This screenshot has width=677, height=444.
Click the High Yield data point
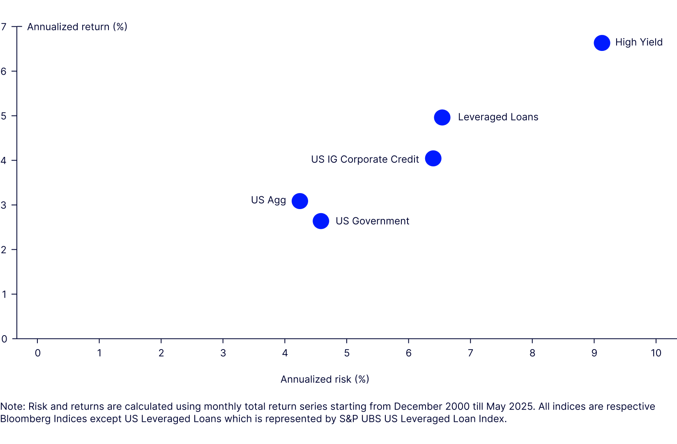pos(602,43)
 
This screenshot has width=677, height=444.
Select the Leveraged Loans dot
pos(442,117)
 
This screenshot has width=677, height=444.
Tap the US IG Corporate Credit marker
pos(433,158)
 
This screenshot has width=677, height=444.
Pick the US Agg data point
pos(299,201)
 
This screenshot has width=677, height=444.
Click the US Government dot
pos(321,221)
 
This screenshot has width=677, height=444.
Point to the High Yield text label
pos(639,42)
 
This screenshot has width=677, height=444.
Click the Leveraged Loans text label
pos(498,117)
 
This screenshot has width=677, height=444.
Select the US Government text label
pos(372,221)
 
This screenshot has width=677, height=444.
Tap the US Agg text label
pos(268,200)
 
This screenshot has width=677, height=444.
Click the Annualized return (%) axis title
pos(77,27)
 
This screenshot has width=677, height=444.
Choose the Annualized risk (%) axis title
pos(325,379)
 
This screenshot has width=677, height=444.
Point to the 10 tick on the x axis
pos(656,353)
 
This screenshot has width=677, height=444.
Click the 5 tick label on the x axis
pos(347,353)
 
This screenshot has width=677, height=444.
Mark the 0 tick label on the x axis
pos(37,353)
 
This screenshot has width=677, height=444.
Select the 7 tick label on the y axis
pos(4,27)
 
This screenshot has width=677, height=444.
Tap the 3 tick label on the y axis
pos(4,205)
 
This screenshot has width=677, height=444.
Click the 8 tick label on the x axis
pos(532,353)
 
